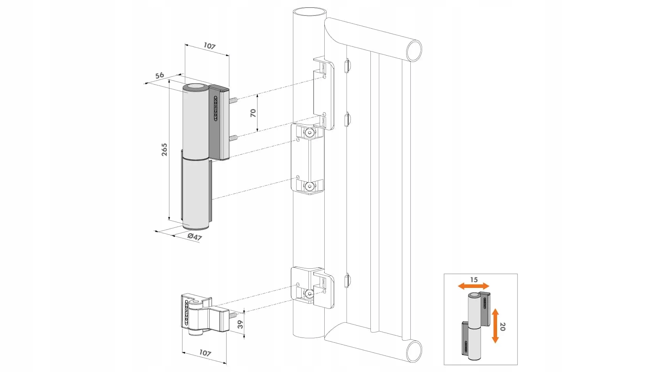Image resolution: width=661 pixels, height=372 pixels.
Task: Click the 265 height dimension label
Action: (x=165, y=149)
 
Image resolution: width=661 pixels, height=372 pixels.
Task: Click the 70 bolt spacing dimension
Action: (x=253, y=113)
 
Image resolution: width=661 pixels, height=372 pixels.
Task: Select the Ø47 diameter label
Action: (x=195, y=237)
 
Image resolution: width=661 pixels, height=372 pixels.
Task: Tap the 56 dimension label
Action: (x=159, y=75)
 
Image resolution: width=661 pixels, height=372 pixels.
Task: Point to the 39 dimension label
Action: (x=240, y=324)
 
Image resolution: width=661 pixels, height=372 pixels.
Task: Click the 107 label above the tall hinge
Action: (x=209, y=46)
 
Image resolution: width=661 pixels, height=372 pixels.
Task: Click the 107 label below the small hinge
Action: (x=205, y=353)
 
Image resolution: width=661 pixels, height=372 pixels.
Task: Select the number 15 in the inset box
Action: (x=474, y=280)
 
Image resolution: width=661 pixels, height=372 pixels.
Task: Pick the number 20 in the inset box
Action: (x=502, y=327)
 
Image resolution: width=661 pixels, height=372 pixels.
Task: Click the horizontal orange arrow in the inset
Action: (x=473, y=286)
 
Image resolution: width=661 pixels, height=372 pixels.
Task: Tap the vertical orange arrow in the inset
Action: (x=495, y=326)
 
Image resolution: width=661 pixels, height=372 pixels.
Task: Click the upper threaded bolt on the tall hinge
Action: (x=233, y=101)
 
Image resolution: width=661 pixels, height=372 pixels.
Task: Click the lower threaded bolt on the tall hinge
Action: (x=233, y=138)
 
